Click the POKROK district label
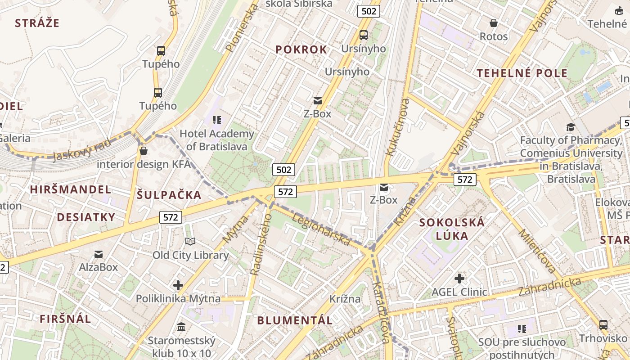click(301, 49)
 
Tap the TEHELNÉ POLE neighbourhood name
click(522, 73)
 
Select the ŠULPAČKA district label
click(169, 195)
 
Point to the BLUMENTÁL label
click(295, 320)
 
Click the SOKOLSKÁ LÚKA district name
click(452, 229)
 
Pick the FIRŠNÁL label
click(65, 319)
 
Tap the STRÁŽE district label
click(37, 23)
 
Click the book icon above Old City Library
click(190, 242)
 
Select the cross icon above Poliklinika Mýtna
click(178, 285)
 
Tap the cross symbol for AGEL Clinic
click(459, 279)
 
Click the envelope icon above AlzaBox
click(99, 254)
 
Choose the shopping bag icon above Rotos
click(494, 23)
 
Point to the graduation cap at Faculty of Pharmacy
click(571, 127)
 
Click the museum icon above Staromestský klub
click(181, 326)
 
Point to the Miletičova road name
click(538, 251)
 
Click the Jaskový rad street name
click(81, 150)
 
